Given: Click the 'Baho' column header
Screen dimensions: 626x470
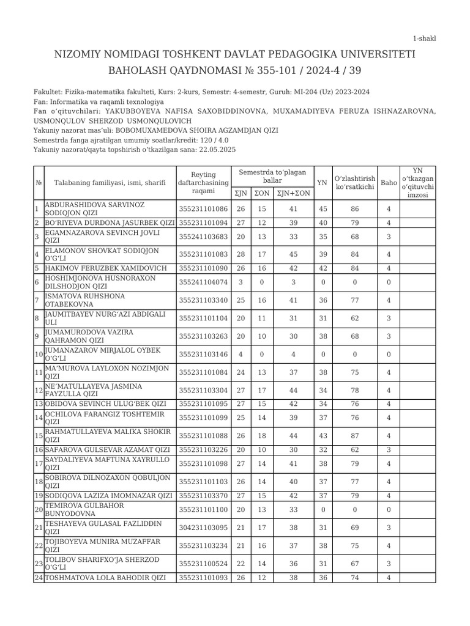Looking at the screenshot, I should [x=389, y=182].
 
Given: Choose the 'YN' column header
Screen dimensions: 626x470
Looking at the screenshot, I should [x=323, y=182].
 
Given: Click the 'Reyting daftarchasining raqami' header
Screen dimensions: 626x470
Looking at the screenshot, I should [x=203, y=182].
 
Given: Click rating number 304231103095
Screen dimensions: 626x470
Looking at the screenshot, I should [x=203, y=527].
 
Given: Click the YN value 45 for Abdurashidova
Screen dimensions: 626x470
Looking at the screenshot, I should [x=323, y=209].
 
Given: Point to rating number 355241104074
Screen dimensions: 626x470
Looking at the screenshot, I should [x=203, y=282].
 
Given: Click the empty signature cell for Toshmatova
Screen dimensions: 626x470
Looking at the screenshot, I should [x=418, y=578].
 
